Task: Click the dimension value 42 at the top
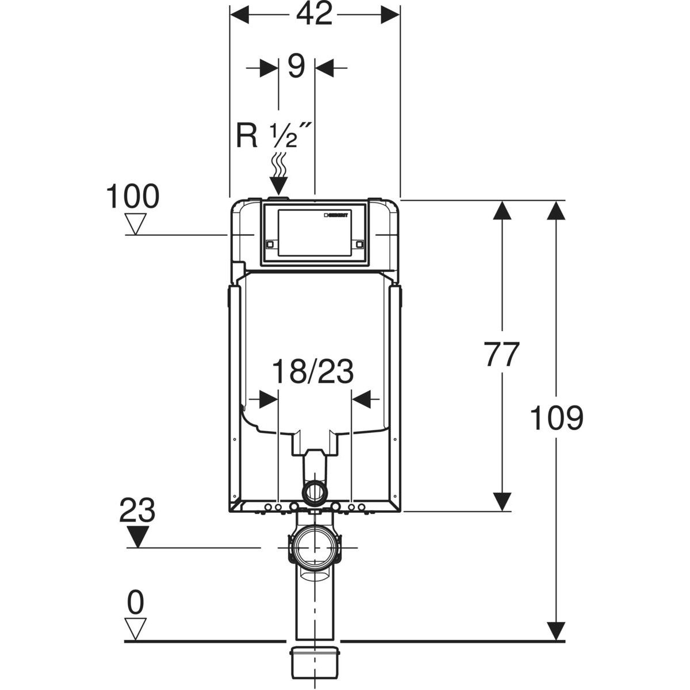(315, 14)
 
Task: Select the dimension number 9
(296, 67)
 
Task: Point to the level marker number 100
(132, 197)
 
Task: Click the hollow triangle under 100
(136, 223)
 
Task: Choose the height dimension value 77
(501, 355)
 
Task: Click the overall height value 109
(556, 418)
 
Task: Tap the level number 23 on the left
(137, 510)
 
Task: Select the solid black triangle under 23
(137, 536)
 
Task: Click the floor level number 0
(136, 603)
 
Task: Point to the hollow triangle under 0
(136, 628)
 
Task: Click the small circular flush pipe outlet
(314, 492)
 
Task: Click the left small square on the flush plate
(270, 244)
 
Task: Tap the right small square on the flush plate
(360, 244)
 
